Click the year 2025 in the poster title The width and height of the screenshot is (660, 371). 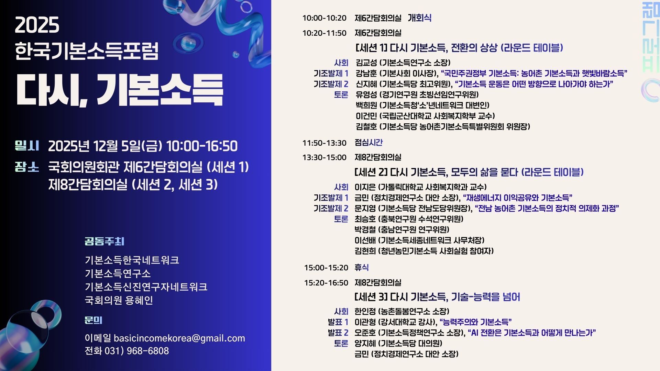coord(37,25)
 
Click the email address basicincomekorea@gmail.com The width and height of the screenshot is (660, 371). coord(179,338)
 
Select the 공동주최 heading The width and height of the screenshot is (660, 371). coord(104,241)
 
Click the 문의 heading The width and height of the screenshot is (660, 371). coord(93,321)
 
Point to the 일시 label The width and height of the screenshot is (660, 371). coord(27,146)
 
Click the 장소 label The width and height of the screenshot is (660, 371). coord(27,167)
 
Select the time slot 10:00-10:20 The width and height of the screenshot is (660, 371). coord(324,18)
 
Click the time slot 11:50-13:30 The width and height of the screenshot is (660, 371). coord(324,143)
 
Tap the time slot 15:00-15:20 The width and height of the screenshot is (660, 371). coord(326,268)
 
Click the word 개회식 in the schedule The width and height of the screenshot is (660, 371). coord(419,18)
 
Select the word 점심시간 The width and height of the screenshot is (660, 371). coord(368,143)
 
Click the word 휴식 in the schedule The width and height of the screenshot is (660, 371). coord(362,267)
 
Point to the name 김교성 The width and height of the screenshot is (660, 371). coord(366,63)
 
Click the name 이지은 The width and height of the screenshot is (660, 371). coord(365,187)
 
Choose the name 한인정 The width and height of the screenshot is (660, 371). coord(365,312)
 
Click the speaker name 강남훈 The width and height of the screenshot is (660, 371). coord(366,74)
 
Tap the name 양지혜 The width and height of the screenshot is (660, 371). coord(365,343)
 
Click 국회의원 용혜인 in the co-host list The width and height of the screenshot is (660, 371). coord(119,301)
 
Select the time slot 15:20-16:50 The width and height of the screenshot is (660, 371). coord(326,283)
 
